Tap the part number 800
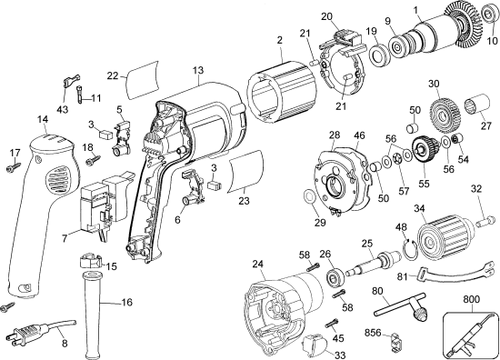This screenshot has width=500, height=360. click(471, 299)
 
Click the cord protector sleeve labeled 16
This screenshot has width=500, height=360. click(93, 315)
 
